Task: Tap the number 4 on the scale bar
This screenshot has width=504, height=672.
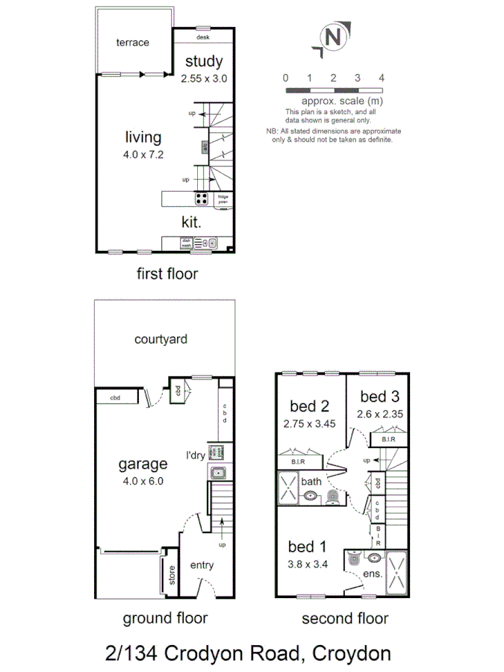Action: pyautogui.click(x=381, y=78)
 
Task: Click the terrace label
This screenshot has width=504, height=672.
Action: pyautogui.click(x=132, y=43)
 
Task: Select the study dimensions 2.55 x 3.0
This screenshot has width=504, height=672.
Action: pyautogui.click(x=203, y=78)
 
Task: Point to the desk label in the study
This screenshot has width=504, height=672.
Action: pyautogui.click(x=202, y=37)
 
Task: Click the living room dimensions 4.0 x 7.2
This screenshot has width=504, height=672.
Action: pyautogui.click(x=142, y=155)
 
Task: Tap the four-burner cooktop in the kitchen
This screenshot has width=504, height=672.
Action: pyautogui.click(x=202, y=199)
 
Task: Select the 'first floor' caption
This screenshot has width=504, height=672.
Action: pyautogui.click(x=167, y=274)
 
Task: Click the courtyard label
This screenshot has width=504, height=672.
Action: pyautogui.click(x=161, y=339)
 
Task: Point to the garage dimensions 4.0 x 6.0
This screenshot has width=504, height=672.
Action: pyautogui.click(x=142, y=482)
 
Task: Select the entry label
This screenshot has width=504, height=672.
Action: pyautogui.click(x=202, y=565)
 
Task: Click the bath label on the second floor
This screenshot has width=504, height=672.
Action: pyautogui.click(x=311, y=482)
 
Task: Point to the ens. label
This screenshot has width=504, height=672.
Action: pyautogui.click(x=373, y=574)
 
